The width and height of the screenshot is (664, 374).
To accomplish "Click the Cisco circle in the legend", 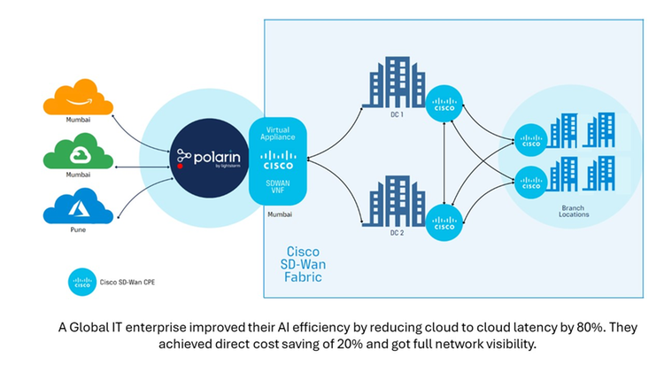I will pos(81,282).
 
